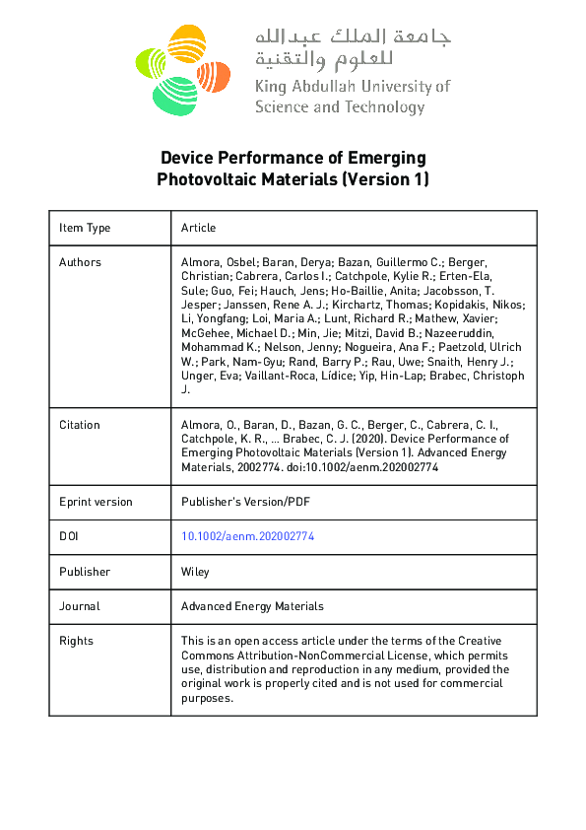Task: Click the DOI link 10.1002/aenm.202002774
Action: point(247,536)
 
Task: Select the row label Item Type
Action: point(85,228)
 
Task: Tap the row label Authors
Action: point(80,262)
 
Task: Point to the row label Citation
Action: point(79,425)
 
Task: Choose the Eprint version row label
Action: point(96,502)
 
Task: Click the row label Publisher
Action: point(85,572)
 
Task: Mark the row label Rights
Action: point(76,641)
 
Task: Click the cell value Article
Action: point(198,228)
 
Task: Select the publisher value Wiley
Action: point(195,572)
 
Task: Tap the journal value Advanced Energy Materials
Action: point(252,606)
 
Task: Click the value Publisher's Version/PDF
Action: point(244,502)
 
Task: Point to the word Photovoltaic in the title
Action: point(204,179)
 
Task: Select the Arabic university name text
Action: point(352,48)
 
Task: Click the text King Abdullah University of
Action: point(352,86)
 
